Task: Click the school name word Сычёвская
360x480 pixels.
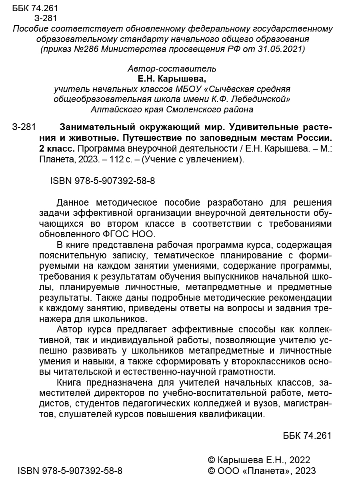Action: click(222, 89)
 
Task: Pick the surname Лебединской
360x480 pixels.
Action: click(252, 99)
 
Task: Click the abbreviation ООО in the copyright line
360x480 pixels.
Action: click(229, 470)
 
